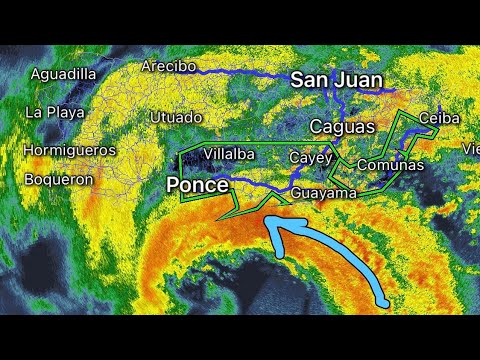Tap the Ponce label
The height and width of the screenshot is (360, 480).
(197, 185)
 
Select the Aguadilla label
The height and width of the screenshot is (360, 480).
(64, 74)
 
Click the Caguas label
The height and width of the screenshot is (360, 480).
(342, 127)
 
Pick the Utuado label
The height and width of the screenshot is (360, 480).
(175, 117)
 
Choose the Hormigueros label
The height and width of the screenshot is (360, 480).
(70, 150)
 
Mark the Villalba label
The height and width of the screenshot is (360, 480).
(229, 154)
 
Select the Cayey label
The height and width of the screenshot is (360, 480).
(309, 158)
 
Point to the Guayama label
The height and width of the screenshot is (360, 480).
(325, 193)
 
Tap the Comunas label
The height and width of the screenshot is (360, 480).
(390, 165)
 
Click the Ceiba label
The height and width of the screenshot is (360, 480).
(439, 118)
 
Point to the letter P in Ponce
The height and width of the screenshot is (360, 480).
(173, 185)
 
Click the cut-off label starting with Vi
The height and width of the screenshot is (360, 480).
(471, 148)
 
